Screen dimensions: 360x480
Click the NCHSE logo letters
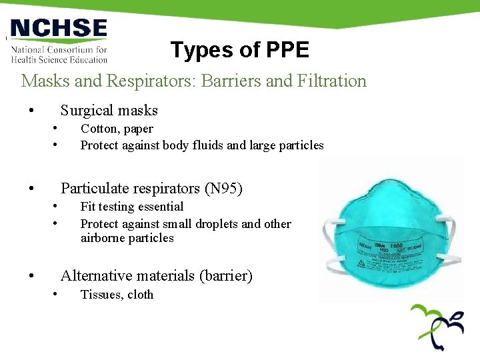click(59, 29)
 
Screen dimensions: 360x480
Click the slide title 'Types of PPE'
click(239, 50)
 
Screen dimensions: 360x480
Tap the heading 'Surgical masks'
click(109, 111)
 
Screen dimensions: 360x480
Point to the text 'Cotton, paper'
click(117, 129)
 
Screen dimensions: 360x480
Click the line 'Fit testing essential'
click(132, 207)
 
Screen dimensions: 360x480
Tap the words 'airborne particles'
click(127, 238)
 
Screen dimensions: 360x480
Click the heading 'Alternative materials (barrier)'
click(157, 275)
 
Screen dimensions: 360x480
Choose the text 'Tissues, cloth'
click(117, 295)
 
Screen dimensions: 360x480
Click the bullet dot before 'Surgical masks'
click(30, 111)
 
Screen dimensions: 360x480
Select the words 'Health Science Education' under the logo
click(59, 59)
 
